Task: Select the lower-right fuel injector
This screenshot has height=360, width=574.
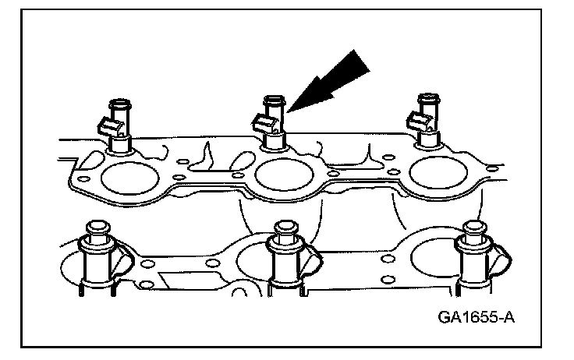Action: tap(473, 261)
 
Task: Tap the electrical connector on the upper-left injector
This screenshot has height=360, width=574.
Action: tap(106, 123)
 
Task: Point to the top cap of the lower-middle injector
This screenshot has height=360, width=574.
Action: tap(285, 228)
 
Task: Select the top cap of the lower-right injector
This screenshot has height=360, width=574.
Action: tap(473, 228)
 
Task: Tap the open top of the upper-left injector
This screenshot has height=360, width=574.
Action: tap(120, 101)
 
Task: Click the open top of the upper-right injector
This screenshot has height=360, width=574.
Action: tap(427, 98)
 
